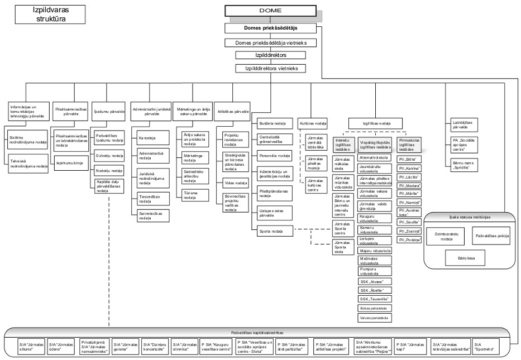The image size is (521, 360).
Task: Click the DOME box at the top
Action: (270, 11)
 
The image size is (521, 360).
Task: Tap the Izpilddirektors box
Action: (270, 55)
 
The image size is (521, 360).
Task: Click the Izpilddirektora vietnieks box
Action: (270, 69)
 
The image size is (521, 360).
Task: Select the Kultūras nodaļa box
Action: (313, 123)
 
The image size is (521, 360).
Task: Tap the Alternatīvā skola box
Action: (374, 158)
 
